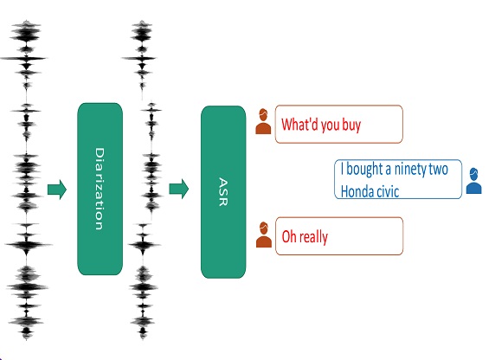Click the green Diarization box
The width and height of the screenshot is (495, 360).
pyautogui.click(x=100, y=189)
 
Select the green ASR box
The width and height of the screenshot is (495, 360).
pyautogui.click(x=223, y=192)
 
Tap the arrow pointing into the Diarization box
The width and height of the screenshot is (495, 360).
pyautogui.click(x=57, y=190)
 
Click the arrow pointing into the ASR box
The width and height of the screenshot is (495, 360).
pyautogui.click(x=179, y=189)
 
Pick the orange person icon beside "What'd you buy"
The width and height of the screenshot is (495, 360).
pyautogui.click(x=263, y=121)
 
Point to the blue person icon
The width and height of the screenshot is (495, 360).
pyautogui.click(x=474, y=181)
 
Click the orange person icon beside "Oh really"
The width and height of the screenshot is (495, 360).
pyautogui.click(x=264, y=235)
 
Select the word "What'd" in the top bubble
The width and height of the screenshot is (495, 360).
pyautogui.click(x=299, y=124)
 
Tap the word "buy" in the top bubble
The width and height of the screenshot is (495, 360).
pyautogui.click(x=351, y=125)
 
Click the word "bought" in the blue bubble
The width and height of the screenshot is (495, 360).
pyautogui.click(x=364, y=169)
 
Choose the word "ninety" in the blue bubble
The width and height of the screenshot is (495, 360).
pyautogui.click(x=411, y=170)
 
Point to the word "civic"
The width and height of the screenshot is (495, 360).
pyautogui.click(x=389, y=191)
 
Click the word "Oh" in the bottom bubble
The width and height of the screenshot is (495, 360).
pyautogui.click(x=287, y=236)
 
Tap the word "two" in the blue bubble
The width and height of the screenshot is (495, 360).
pyautogui.click(x=440, y=170)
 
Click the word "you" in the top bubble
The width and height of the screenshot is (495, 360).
pyautogui.click(x=331, y=126)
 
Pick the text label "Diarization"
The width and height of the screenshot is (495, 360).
pyautogui.click(x=100, y=189)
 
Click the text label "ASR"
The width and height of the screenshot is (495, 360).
pyautogui.click(x=223, y=192)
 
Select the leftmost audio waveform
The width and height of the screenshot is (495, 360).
pyautogui.click(x=26, y=180)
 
